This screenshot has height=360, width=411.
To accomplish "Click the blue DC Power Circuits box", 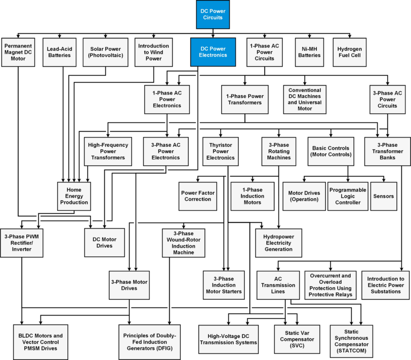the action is (x=213, y=14).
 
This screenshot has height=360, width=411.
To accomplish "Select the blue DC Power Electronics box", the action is (x=213, y=52).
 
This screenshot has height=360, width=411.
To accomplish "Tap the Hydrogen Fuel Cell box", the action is (x=349, y=52).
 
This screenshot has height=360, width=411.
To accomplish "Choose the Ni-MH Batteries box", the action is (x=309, y=52).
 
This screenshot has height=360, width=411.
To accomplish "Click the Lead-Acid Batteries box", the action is (x=60, y=52).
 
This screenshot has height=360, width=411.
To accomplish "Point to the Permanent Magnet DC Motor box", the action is (x=18, y=52).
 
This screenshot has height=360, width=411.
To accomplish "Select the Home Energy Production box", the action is (x=74, y=196).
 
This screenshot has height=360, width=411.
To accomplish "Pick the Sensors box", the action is (x=384, y=196).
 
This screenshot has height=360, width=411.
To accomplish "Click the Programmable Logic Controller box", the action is (x=348, y=196).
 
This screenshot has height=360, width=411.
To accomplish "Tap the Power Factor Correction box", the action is (x=197, y=196).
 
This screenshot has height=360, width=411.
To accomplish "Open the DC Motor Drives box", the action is (x=104, y=242).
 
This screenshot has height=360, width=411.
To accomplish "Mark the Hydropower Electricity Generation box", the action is (x=278, y=243).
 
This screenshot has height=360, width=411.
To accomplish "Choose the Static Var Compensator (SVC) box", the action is (x=297, y=339).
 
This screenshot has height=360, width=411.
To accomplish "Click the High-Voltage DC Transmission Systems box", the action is (x=228, y=339).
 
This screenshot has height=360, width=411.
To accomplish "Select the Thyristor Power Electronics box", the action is (x=221, y=151).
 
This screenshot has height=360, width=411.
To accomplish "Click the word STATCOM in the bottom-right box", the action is (x=351, y=350).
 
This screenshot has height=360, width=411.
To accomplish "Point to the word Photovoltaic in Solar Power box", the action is (x=105, y=55).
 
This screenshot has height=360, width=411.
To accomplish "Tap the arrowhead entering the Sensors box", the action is (x=384, y=180).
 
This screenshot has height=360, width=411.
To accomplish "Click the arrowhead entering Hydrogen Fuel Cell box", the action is (x=349, y=36).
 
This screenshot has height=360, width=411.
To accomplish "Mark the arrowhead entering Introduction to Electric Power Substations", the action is (x=401, y=269).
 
